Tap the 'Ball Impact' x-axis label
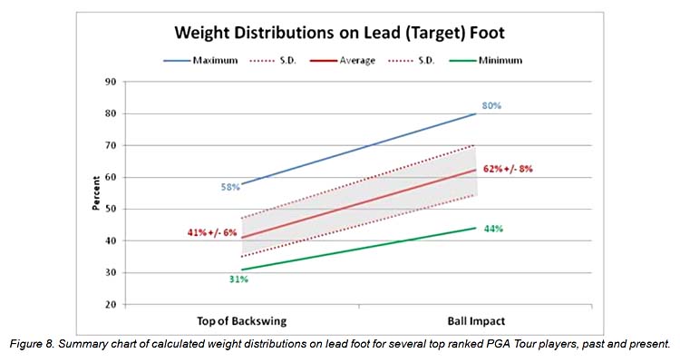tap(475, 322)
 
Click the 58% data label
tap(229, 188)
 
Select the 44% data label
tap(493, 229)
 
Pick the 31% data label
tap(238, 280)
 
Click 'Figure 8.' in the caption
tap(32, 345)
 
